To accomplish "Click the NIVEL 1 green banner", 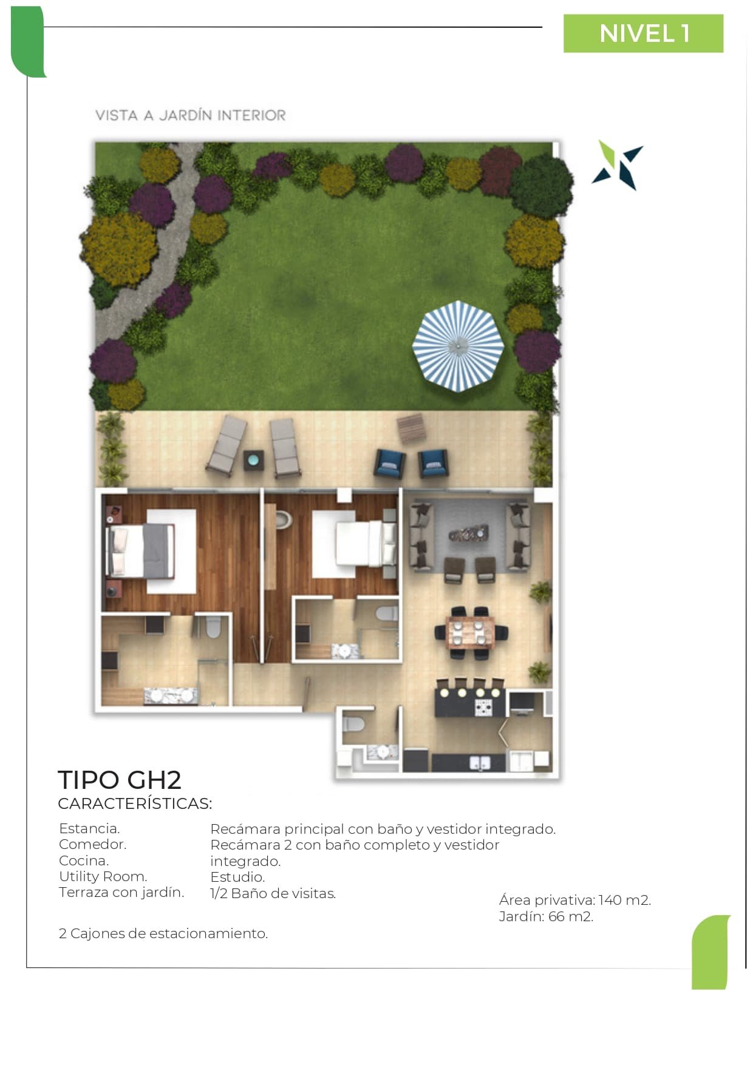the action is click(643, 33).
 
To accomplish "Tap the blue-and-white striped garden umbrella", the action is click(458, 346).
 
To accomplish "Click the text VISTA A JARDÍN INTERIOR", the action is click(191, 115).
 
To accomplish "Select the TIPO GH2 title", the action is click(120, 780).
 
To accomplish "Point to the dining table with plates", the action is click(471, 632).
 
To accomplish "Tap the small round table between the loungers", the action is click(253, 459).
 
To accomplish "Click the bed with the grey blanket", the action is click(140, 550).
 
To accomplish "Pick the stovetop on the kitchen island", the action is click(483, 707).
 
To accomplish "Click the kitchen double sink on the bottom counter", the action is click(480, 763).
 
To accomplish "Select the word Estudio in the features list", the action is click(237, 877).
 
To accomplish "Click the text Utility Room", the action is click(103, 876).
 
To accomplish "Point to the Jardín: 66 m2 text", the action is click(546, 916).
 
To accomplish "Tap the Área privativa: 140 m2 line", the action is click(575, 900).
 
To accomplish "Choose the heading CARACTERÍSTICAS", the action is click(135, 803).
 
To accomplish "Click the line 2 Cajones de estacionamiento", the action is click(163, 933).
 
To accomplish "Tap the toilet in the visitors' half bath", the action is click(353, 723).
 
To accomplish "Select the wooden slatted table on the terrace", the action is click(411, 428).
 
